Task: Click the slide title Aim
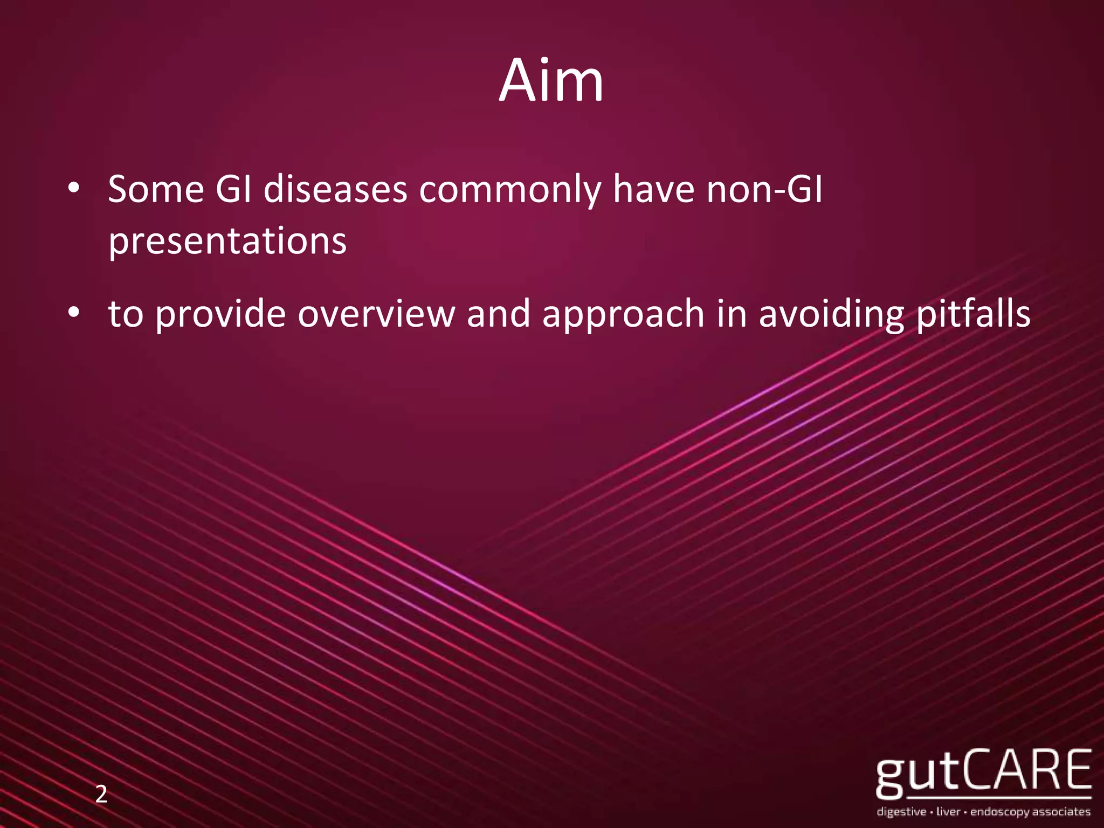tap(551, 81)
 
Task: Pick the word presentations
tap(227, 241)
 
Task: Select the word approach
tap(623, 314)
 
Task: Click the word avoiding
tap(831, 314)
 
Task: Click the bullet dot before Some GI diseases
tap(74, 189)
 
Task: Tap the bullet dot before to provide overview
tap(74, 313)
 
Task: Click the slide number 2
tap(101, 795)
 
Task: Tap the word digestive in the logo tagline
tap(901, 812)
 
